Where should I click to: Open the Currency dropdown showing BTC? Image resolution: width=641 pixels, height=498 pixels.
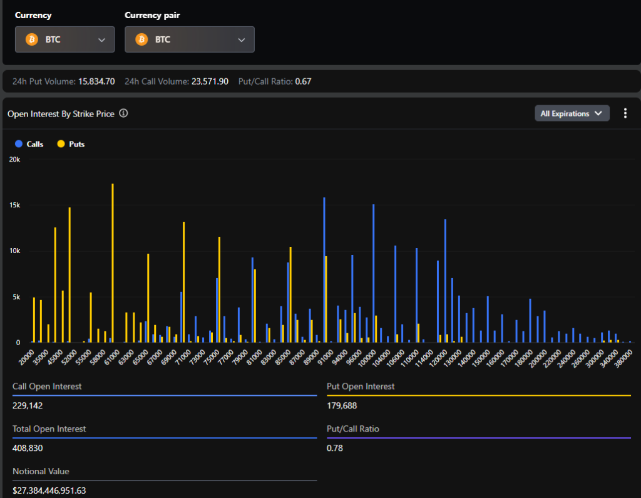64,39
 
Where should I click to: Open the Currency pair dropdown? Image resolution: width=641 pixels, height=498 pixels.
189,39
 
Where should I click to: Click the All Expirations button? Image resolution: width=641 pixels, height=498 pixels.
572,113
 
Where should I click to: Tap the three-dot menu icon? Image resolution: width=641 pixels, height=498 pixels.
625,113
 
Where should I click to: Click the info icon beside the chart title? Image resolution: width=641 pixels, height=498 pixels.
124,113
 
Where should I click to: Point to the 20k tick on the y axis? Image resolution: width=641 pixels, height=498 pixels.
14,159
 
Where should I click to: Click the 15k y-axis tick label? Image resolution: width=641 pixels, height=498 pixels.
14,205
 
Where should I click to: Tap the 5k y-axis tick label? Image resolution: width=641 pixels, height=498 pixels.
16,297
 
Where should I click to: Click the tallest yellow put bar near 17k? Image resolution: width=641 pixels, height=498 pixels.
113,263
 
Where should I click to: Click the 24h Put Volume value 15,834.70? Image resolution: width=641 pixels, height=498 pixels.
96,81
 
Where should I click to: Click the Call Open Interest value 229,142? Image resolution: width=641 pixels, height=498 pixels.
28,406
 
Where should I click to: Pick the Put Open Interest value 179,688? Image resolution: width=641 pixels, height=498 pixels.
342,406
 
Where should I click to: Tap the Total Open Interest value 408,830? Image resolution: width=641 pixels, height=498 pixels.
28,449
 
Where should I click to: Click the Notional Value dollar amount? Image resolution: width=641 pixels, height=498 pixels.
49,490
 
